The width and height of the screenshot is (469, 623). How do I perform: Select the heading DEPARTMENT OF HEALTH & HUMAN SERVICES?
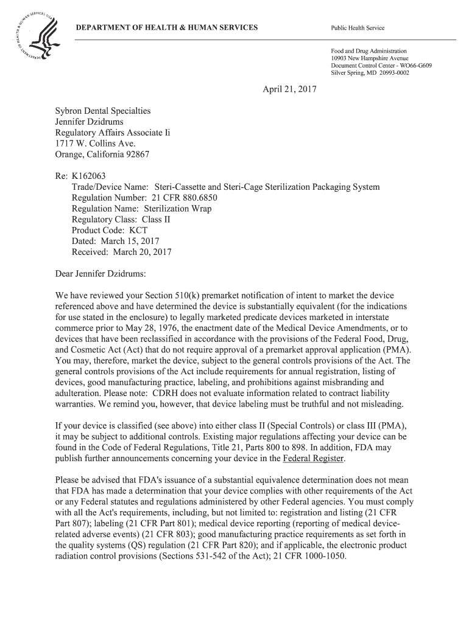pos(166,28)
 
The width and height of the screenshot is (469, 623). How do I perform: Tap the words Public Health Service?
pos(358,29)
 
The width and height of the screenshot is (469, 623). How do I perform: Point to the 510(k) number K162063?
pos(89,176)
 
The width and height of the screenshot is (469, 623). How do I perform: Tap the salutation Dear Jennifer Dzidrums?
pos(101,273)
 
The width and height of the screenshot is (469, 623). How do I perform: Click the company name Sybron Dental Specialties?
pos(103,111)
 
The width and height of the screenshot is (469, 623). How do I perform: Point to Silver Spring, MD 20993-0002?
pos(370,73)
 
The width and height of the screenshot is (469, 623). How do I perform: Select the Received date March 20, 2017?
pos(142,252)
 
